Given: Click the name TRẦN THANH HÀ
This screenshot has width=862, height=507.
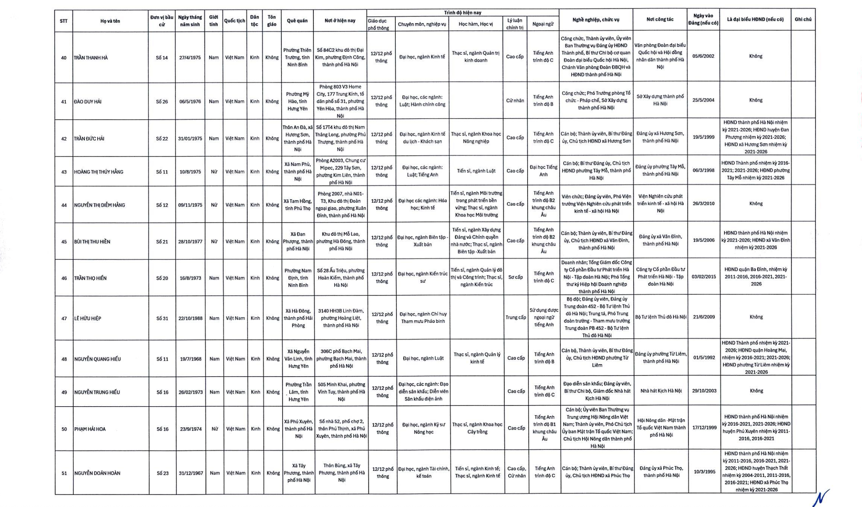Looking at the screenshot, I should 91,58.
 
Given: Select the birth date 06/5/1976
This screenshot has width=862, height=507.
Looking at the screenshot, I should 190,101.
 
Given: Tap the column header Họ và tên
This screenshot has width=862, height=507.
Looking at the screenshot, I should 110,21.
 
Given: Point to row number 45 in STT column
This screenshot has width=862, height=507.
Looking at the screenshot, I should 64,242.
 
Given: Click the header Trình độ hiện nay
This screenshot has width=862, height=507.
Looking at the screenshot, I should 462,13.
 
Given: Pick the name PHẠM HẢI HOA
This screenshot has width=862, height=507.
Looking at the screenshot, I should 90,429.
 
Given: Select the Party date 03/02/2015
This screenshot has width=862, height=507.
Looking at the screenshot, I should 704,277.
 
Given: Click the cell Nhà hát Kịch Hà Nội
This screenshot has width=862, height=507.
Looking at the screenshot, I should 661,391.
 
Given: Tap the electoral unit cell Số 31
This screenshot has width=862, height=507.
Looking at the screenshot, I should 162,319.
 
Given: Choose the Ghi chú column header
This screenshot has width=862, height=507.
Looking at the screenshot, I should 803,20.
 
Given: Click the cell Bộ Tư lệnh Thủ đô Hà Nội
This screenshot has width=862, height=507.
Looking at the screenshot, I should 661,317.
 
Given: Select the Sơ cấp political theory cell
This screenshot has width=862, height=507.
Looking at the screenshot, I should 515,277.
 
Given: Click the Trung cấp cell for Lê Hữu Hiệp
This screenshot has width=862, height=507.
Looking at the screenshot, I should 516,317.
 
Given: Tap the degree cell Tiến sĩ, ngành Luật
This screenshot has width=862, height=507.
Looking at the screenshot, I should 476,171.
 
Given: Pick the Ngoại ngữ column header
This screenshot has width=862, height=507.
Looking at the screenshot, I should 543,24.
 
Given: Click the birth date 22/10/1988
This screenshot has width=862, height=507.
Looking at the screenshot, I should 190,319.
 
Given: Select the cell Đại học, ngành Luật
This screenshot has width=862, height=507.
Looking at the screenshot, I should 423,358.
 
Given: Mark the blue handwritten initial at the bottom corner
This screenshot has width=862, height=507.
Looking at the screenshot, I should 820,498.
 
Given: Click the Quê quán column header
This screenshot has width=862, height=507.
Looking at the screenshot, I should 297,21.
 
